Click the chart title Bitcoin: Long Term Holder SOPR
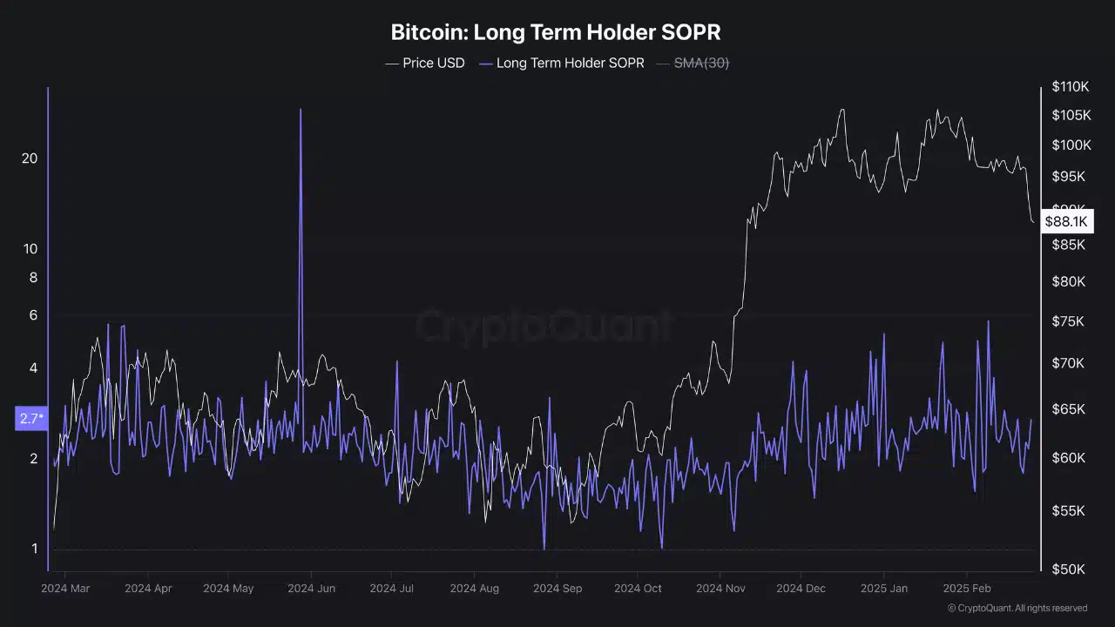coord(556,33)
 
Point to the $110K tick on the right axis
coord(1071,87)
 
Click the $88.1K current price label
coord(1066,222)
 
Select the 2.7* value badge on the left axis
coord(31,419)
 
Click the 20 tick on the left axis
coord(30,158)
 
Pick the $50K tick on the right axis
coord(1068,569)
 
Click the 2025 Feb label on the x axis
coord(968,588)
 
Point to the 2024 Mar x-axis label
coord(65,588)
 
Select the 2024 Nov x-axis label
coord(720,588)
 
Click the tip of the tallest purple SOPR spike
coord(301,110)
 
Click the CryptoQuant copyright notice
coord(1017,608)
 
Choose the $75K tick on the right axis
coord(1068,321)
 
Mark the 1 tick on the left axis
coord(34,549)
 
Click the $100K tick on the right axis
coord(1071,145)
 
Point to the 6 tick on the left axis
coord(34,315)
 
